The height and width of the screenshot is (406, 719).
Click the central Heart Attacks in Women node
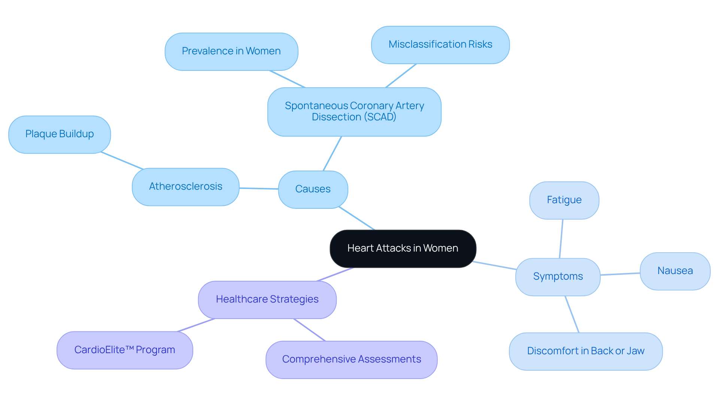[x=403, y=249]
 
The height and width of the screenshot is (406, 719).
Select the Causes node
[x=313, y=189]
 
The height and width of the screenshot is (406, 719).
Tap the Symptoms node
[x=558, y=277]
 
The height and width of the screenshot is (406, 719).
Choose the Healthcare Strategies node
[x=267, y=300]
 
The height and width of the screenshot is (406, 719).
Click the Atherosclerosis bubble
[x=185, y=187]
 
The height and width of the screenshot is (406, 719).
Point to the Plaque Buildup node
[x=60, y=134]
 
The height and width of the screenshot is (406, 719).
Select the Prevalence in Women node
[x=231, y=51]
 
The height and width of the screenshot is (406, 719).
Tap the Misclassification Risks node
[x=440, y=45]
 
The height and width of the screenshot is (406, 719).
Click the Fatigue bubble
[x=564, y=200]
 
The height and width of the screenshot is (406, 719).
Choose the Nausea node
[x=675, y=271]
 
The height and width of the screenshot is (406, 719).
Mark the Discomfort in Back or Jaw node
[x=585, y=351]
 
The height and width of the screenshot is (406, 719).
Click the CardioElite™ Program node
[x=125, y=350]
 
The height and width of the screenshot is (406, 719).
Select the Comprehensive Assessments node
[x=351, y=360]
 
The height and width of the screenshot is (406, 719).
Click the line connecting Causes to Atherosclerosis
[x=259, y=189]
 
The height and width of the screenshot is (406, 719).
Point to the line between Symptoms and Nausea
[x=620, y=274]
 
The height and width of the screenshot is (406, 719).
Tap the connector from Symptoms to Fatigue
[x=561, y=239]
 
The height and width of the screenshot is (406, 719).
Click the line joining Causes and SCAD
[x=332, y=154]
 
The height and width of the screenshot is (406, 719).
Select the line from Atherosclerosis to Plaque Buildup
[x=122, y=161]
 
